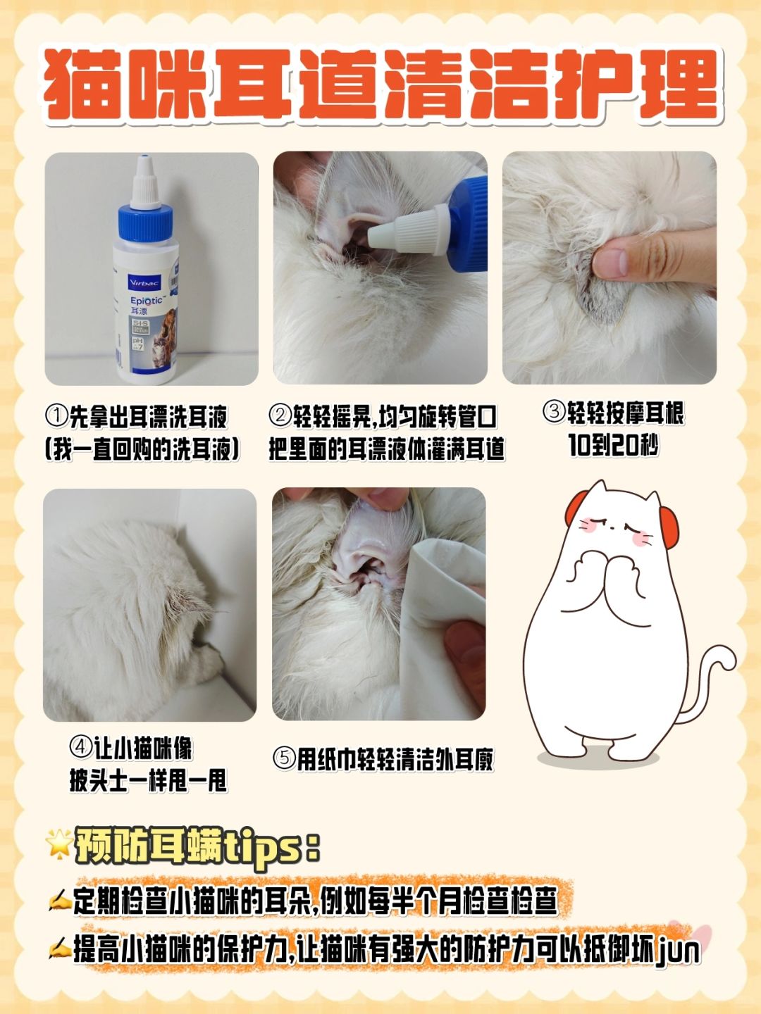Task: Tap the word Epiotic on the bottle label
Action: tap(146, 301)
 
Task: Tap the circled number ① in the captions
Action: tap(56, 416)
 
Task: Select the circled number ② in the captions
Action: tap(280, 416)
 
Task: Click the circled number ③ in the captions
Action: tap(555, 411)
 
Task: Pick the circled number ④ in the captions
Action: tap(81, 747)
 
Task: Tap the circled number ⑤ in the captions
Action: tap(284, 758)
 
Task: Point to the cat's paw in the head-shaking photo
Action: tap(210, 662)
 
